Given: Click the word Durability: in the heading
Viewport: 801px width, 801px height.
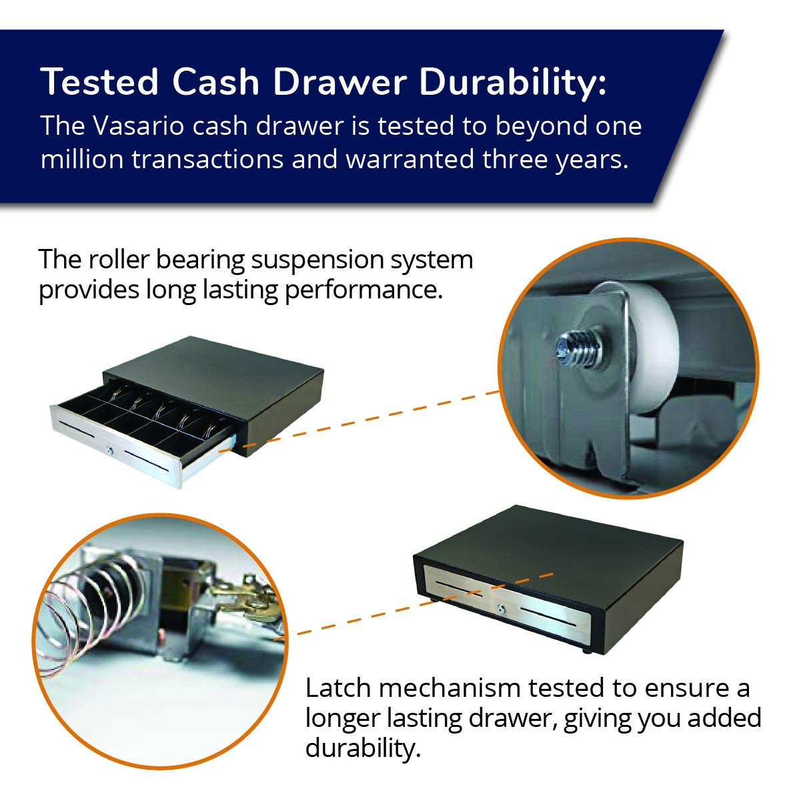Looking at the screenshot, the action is [x=513, y=83].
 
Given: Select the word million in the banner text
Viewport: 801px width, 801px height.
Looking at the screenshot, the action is [x=82, y=159].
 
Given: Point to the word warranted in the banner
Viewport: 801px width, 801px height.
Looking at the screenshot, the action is [x=410, y=159].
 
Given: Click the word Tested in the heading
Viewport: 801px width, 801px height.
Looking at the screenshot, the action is [x=99, y=81].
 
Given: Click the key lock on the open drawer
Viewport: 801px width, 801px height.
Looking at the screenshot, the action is [x=109, y=450].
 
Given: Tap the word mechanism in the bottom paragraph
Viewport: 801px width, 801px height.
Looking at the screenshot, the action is [x=449, y=688].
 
